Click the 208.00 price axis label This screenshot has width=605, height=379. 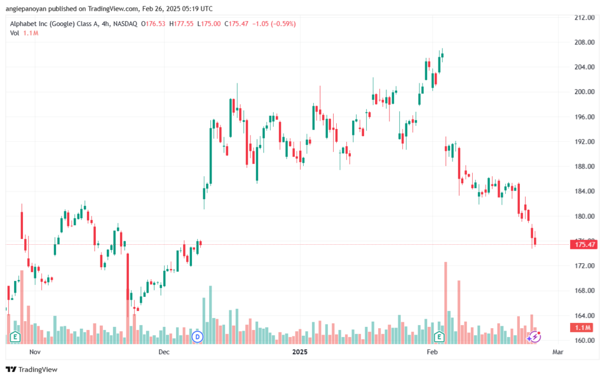[x=584, y=42]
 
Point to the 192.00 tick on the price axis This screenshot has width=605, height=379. [x=584, y=142]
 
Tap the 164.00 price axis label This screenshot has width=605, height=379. [x=584, y=316]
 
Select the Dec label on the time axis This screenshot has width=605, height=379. [x=164, y=352]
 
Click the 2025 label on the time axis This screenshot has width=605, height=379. [x=300, y=352]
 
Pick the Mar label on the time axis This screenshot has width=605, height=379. [x=558, y=352]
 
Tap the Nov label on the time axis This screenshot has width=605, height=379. [x=35, y=352]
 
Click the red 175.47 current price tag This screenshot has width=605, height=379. [x=584, y=244]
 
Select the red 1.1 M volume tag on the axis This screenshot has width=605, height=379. [x=583, y=328]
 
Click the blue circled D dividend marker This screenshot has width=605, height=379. [x=197, y=337]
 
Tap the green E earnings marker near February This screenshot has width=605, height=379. [x=439, y=337]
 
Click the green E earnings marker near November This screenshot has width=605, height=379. [x=15, y=337]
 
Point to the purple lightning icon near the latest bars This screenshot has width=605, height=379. [x=534, y=337]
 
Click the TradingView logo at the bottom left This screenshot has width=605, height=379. [x=32, y=370]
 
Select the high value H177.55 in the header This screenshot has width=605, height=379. [x=181, y=24]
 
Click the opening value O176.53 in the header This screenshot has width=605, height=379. [x=153, y=24]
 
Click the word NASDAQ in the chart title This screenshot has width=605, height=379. [x=125, y=24]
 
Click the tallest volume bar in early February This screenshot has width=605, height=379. [x=445, y=303]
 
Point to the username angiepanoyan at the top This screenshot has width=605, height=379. [x=25, y=8]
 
